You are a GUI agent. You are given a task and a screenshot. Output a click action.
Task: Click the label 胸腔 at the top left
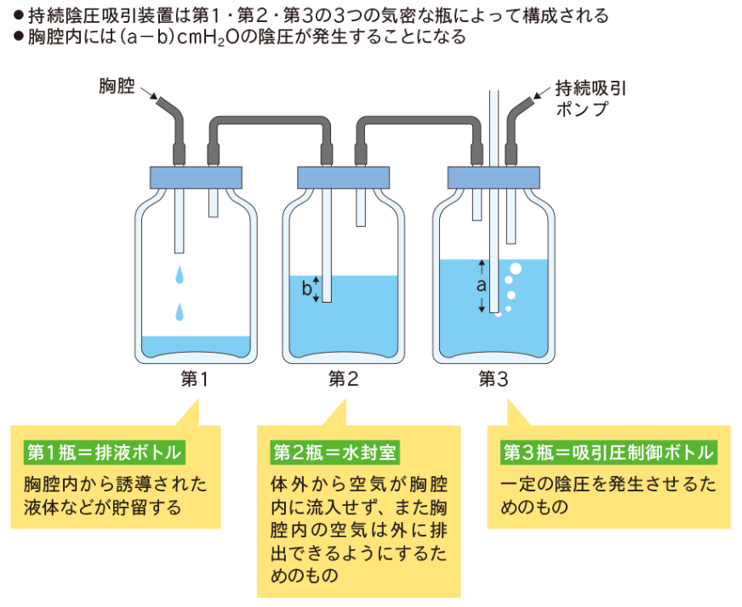117,87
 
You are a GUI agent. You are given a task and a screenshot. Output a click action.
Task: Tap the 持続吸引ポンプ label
591,99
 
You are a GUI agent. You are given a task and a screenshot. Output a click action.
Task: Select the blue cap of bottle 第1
196,178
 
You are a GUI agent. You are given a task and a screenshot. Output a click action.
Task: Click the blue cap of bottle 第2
343,178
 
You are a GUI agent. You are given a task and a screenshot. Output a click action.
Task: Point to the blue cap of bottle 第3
494,178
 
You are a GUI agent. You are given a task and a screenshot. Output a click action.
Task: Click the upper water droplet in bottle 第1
180,275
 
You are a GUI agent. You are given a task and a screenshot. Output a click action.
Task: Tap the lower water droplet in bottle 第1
180,312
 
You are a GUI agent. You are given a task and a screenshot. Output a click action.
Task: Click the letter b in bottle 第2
306,288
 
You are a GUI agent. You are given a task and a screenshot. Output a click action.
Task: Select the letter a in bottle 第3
482,286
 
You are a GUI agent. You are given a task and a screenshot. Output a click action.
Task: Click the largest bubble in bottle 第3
516,269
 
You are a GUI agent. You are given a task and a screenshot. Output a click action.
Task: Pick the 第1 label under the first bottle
195,379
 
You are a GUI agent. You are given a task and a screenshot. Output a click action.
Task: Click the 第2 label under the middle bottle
344,379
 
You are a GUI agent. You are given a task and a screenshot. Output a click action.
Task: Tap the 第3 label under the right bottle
494,379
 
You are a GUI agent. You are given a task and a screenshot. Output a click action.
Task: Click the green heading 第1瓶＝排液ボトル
104,453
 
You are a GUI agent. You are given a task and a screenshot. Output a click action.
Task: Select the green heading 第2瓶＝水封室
334,453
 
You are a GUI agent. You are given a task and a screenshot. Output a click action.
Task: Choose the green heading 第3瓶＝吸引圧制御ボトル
608,453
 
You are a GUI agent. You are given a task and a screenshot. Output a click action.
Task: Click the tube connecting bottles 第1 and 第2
270,120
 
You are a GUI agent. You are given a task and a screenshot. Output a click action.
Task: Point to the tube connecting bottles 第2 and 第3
419,120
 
